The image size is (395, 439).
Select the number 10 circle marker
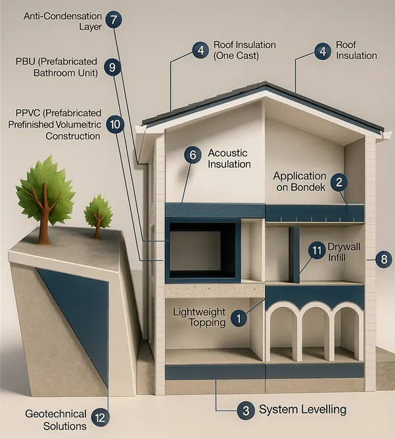[x=114, y=123]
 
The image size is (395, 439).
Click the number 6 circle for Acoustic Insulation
[x=192, y=155]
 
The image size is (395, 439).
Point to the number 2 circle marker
[x=339, y=182]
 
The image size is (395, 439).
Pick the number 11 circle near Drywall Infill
[x=317, y=250]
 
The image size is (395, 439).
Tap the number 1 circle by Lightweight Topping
[x=240, y=319]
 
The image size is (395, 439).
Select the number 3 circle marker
[x=245, y=411]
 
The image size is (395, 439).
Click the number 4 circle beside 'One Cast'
[x=199, y=50]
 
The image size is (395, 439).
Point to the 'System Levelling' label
[x=302, y=410]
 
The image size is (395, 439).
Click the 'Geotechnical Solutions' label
[x=56, y=420]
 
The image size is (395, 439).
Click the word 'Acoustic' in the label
[x=228, y=153]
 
